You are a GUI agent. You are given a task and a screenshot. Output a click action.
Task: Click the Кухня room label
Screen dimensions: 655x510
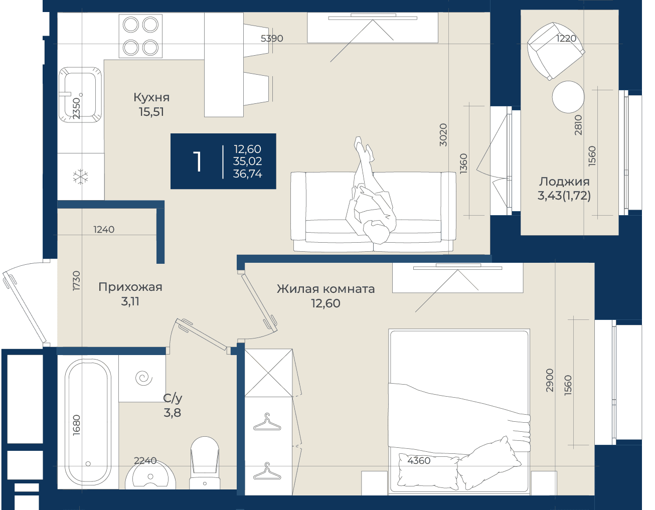click(x=151, y=97)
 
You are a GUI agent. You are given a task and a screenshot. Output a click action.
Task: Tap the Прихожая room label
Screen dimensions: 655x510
click(x=130, y=287)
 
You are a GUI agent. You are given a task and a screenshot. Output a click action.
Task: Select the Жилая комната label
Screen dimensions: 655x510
click(x=326, y=289)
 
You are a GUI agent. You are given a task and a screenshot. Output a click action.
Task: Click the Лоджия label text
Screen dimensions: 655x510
click(x=564, y=182)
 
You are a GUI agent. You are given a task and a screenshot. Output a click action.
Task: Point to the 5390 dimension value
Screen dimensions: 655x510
click(x=272, y=38)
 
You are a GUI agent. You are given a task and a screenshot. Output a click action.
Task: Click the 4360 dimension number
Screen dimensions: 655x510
click(x=419, y=460)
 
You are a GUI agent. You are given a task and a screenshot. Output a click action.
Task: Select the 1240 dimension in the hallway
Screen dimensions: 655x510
click(x=104, y=230)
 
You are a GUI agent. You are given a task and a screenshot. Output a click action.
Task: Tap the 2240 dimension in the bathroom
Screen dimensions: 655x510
click(x=145, y=460)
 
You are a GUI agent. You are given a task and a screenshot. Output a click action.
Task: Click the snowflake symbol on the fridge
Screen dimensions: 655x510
click(x=81, y=177)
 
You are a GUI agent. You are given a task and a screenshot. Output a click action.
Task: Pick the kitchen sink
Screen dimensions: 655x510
click(x=80, y=95)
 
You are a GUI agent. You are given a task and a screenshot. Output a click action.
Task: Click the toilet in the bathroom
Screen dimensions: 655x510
click(x=205, y=463)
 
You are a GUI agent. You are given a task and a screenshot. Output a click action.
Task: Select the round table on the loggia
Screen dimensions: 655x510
click(x=568, y=97)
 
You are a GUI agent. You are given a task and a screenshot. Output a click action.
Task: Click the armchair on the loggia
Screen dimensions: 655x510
click(x=556, y=51)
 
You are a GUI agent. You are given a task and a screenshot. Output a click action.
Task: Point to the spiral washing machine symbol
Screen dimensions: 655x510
click(x=144, y=378)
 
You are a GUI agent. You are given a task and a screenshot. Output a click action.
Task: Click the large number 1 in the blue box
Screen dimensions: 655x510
click(x=198, y=162)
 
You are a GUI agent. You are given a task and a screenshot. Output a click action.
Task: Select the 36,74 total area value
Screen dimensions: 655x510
click(x=247, y=174)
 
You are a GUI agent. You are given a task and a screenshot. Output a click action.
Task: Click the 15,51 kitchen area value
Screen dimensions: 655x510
click(x=151, y=112)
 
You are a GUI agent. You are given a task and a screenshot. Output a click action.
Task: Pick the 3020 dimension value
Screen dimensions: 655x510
click(x=443, y=135)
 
